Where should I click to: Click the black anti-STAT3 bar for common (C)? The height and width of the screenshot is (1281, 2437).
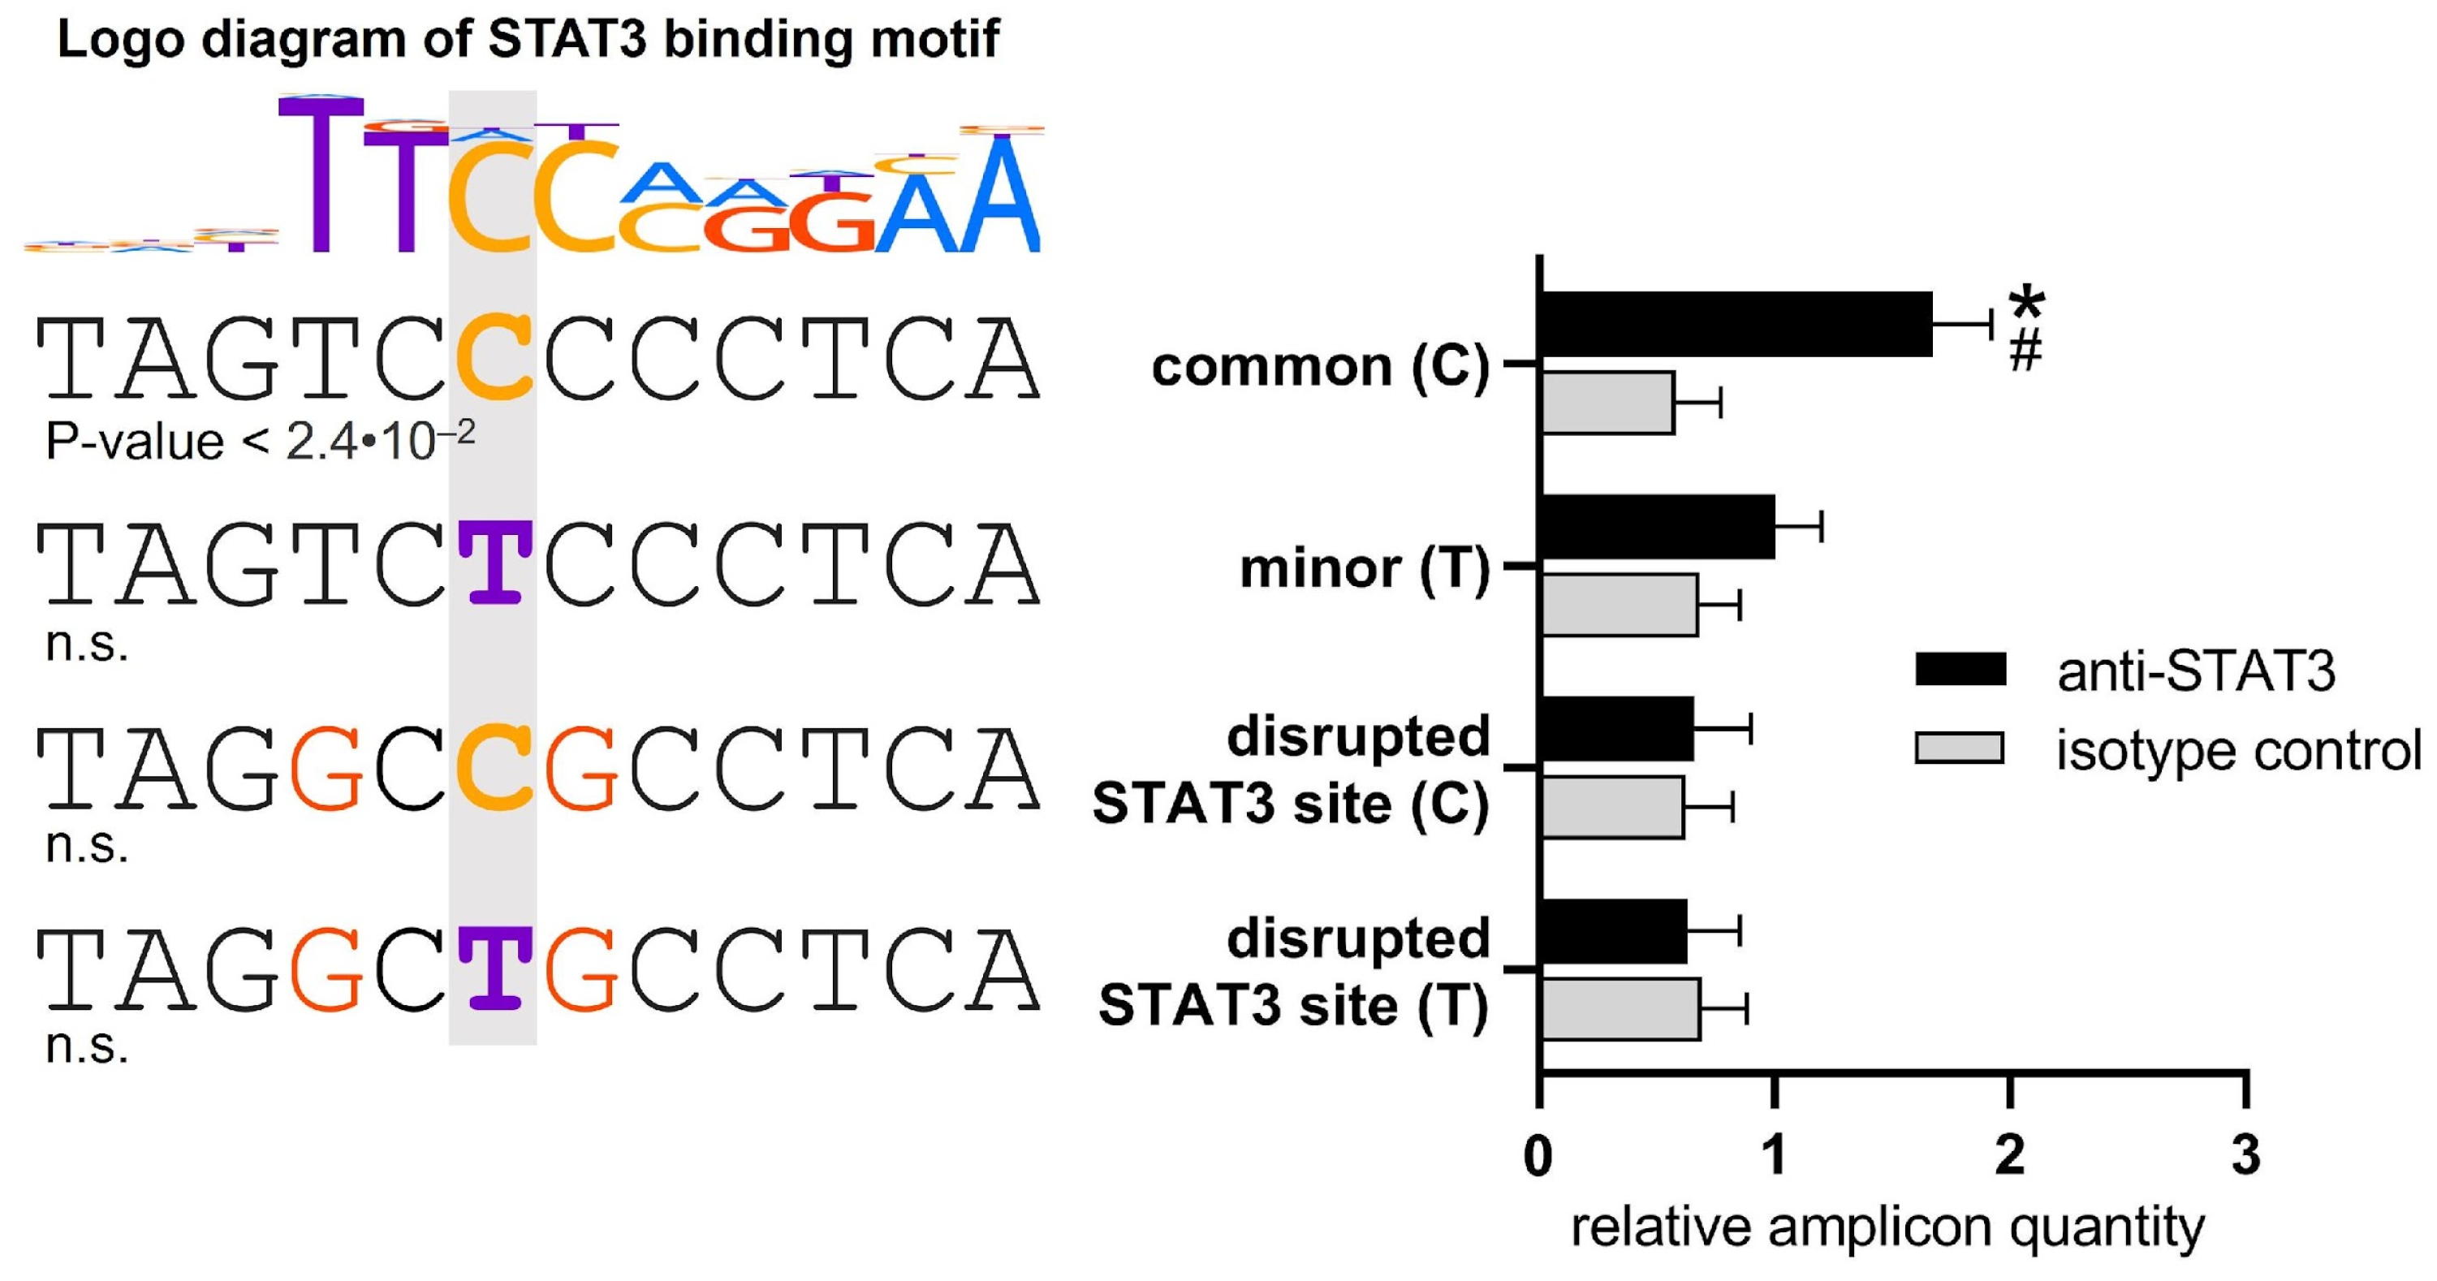(1736, 325)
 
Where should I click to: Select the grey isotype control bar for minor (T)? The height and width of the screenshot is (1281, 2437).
(1619, 605)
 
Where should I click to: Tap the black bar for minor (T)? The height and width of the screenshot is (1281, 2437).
(1658, 527)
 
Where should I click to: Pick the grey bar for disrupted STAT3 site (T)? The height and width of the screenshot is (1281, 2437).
(1620, 1010)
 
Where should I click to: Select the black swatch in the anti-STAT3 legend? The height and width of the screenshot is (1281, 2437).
(1960, 668)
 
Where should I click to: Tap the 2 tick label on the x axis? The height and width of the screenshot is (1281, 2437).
(2009, 1155)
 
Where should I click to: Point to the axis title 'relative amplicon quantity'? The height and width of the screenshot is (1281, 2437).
(1887, 1228)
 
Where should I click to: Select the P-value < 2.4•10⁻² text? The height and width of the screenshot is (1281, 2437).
(260, 441)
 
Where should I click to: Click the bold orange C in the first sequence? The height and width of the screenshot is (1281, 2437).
(493, 358)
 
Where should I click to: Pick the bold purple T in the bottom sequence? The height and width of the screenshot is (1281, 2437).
(494, 968)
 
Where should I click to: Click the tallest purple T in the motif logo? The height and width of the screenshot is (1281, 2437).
(321, 175)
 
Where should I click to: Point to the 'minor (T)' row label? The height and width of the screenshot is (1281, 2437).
(1364, 568)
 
